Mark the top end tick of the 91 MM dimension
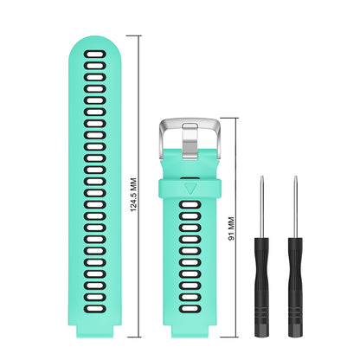click(239, 116)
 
